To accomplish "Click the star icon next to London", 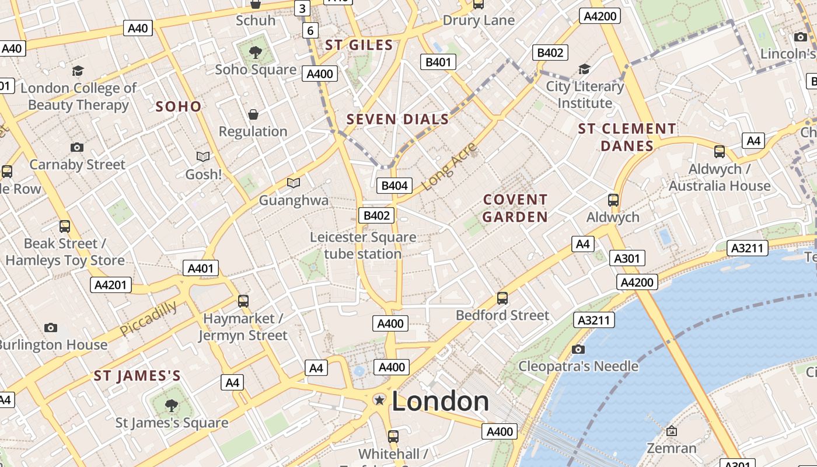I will pyautogui.click(x=379, y=400).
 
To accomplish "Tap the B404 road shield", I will pyautogui.click(x=394, y=186).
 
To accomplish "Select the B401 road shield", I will pyautogui.click(x=438, y=62).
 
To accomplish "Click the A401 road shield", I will pyautogui.click(x=201, y=268).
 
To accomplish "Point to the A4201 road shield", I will pyautogui.click(x=111, y=285).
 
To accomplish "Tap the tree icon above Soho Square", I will pyautogui.click(x=255, y=53).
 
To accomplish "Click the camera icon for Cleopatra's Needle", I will pyautogui.click(x=578, y=349).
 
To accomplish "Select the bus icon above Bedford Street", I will pyautogui.click(x=502, y=298).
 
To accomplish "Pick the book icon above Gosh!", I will pyautogui.click(x=203, y=156).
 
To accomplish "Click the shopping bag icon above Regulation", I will pyautogui.click(x=253, y=114).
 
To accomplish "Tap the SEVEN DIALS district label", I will pyautogui.click(x=397, y=120).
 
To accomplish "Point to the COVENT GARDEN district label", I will pyautogui.click(x=515, y=208).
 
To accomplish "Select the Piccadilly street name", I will pyautogui.click(x=148, y=318).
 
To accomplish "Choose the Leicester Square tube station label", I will pyautogui.click(x=362, y=245).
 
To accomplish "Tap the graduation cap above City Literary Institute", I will pyautogui.click(x=584, y=69).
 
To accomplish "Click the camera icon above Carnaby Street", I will pyautogui.click(x=77, y=147).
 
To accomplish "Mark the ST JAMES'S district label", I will pyautogui.click(x=137, y=376).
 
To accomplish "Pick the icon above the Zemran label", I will pyautogui.click(x=672, y=431).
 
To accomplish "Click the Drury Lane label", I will pyautogui.click(x=479, y=20).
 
